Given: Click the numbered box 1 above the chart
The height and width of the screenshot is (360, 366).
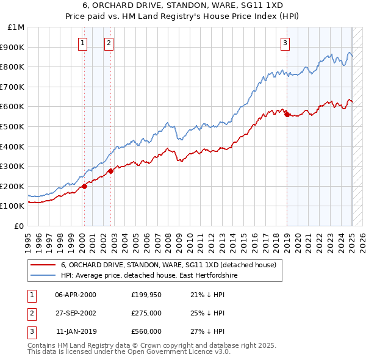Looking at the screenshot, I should click(x=82, y=43).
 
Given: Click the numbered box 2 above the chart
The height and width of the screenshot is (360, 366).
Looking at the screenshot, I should click(x=108, y=43).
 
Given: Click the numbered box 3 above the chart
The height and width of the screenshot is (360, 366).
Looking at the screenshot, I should click(x=285, y=43).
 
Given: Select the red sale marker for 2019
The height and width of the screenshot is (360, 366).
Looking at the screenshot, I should click(x=287, y=114).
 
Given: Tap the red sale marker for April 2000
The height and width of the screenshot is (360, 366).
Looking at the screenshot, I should click(x=85, y=186).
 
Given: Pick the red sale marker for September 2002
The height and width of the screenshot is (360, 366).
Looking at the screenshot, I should click(x=111, y=171).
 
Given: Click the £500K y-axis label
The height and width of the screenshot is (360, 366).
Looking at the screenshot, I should click(x=13, y=126).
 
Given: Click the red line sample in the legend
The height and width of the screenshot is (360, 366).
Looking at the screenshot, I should click(x=43, y=265).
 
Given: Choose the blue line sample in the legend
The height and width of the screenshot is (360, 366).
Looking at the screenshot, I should click(x=43, y=276).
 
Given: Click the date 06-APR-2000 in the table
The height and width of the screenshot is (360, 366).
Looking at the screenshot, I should click(x=76, y=295).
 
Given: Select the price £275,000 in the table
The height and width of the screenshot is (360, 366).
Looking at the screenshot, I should click(x=146, y=313).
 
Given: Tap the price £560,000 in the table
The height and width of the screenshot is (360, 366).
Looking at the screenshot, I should click(x=146, y=331).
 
